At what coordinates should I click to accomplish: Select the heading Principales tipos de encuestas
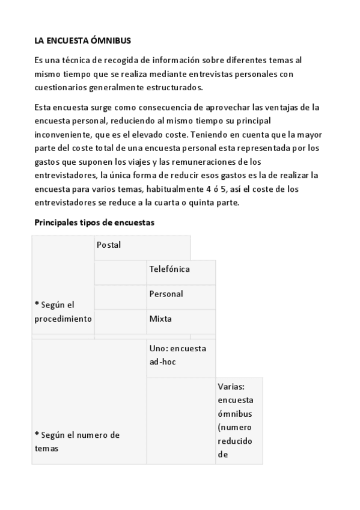(94, 223)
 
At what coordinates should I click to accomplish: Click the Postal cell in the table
(109, 245)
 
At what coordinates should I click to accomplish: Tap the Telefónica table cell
(169, 269)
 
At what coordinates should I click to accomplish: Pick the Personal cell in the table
(166, 294)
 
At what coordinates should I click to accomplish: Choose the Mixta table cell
(160, 319)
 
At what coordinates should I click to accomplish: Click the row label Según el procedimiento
(63, 312)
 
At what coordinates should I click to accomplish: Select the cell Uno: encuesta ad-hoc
(177, 355)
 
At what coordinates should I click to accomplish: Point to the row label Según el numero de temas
(77, 441)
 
